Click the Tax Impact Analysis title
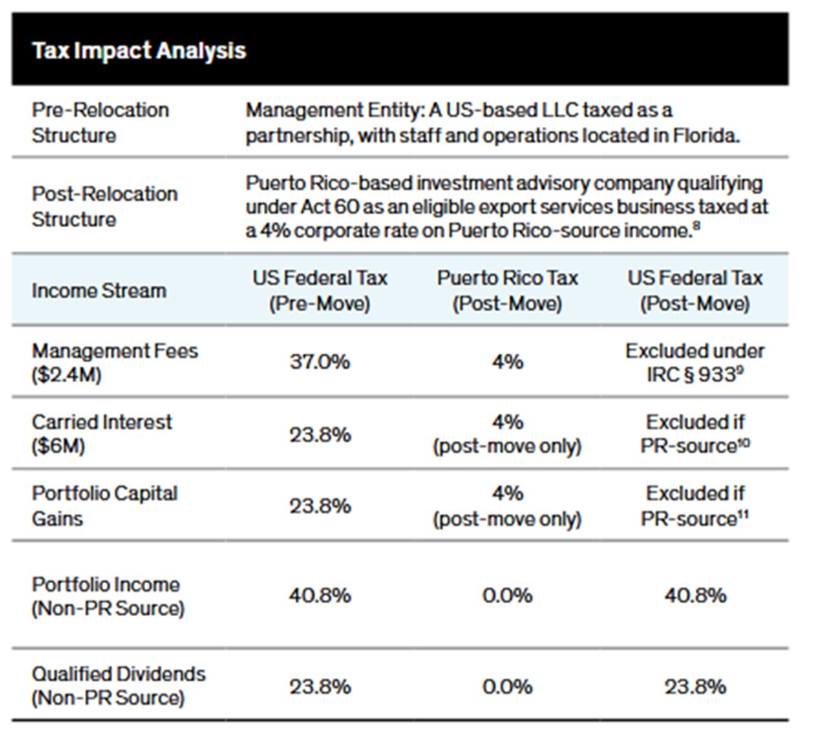(x=139, y=51)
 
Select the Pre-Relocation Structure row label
(x=100, y=123)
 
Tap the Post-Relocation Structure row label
(x=104, y=206)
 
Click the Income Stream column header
(x=99, y=290)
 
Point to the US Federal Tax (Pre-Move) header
(x=320, y=290)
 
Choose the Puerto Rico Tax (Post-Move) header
(x=507, y=290)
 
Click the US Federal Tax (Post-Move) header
(x=694, y=290)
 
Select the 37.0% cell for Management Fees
(x=320, y=362)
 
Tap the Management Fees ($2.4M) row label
(x=115, y=362)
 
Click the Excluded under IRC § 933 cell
(x=694, y=362)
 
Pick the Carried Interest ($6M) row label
(x=102, y=434)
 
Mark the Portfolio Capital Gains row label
(x=104, y=506)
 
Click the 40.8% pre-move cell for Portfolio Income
(x=320, y=596)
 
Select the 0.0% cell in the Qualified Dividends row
(x=507, y=687)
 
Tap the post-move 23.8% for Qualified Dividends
(x=694, y=687)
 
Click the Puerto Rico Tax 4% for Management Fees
(x=507, y=362)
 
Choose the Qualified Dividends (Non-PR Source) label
(x=118, y=685)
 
